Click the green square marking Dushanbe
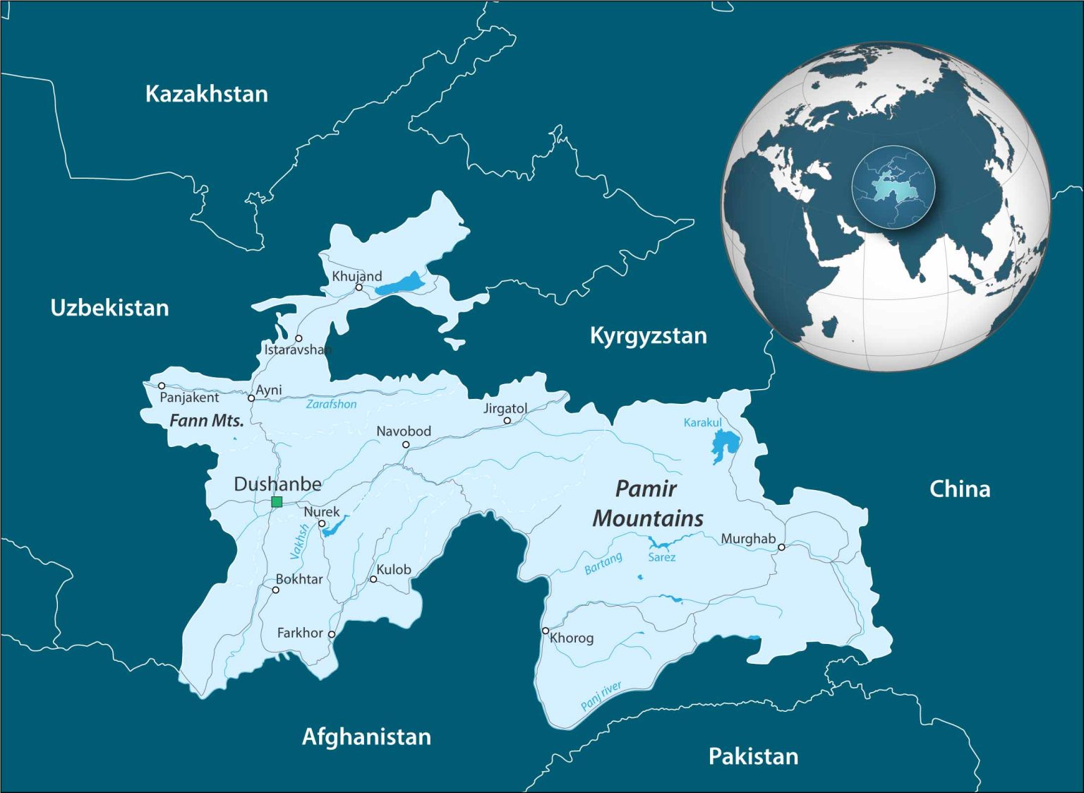[x=277, y=502]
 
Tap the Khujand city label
[x=357, y=276]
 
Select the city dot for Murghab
[x=781, y=547]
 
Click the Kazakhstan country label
[x=206, y=94]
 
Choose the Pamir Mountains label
[x=647, y=503]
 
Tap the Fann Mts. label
[x=207, y=421]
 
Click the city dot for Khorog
[x=545, y=631]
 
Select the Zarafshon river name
[x=331, y=404]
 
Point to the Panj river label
[x=601, y=696]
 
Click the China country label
[x=959, y=489]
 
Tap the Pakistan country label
[x=753, y=756]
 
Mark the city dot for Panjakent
[x=162, y=386]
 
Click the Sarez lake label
[x=661, y=557]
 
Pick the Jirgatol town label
[x=505, y=408]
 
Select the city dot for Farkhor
[x=332, y=634]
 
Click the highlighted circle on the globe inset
[x=893, y=187]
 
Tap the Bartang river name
[x=603, y=563]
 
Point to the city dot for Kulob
[x=373, y=579]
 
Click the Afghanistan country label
[x=366, y=737]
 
